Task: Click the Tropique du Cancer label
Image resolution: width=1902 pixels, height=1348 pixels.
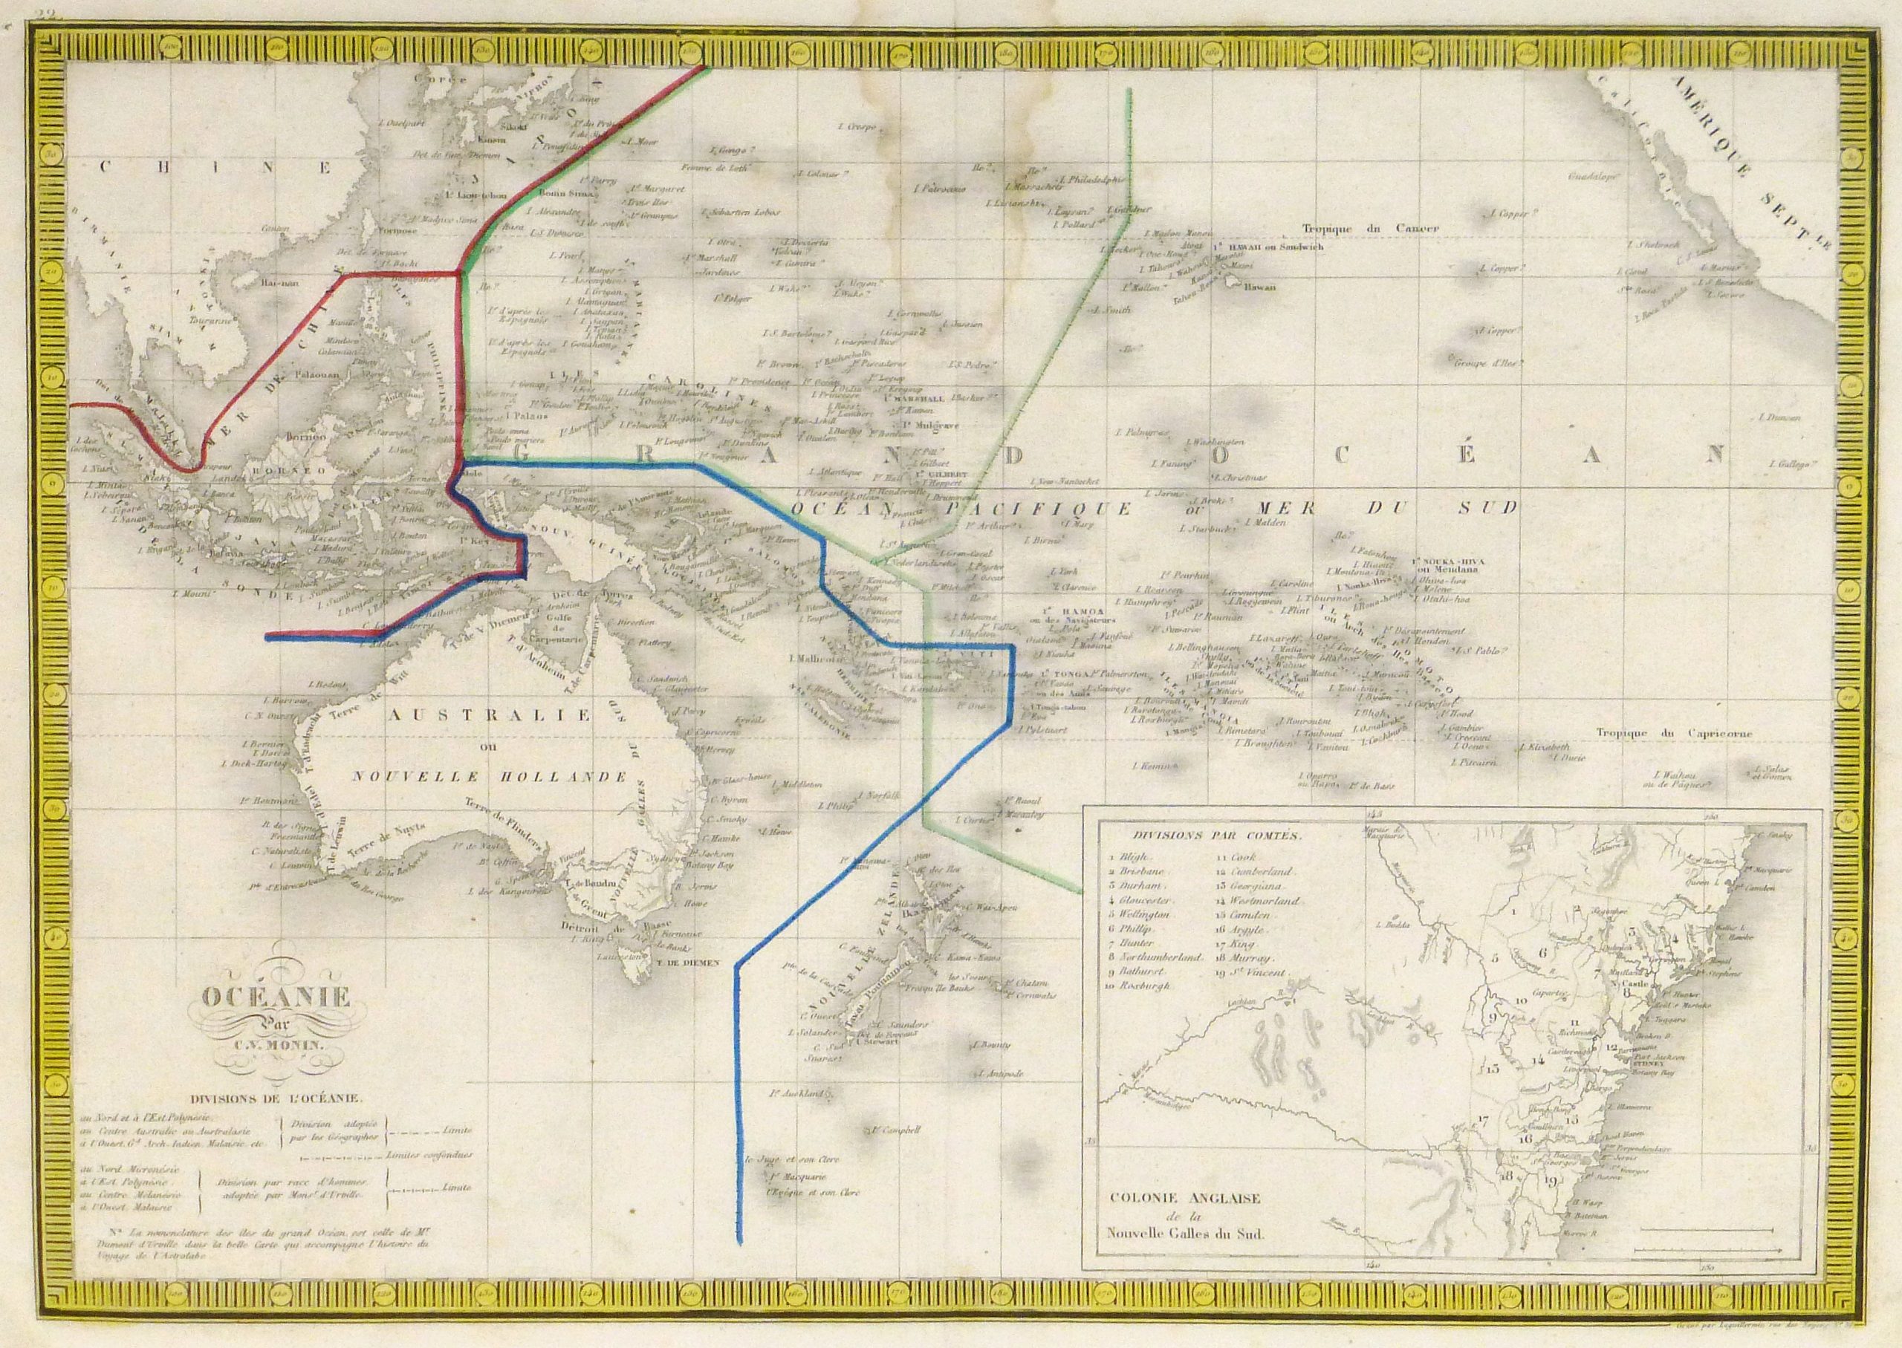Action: coord(1370,228)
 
